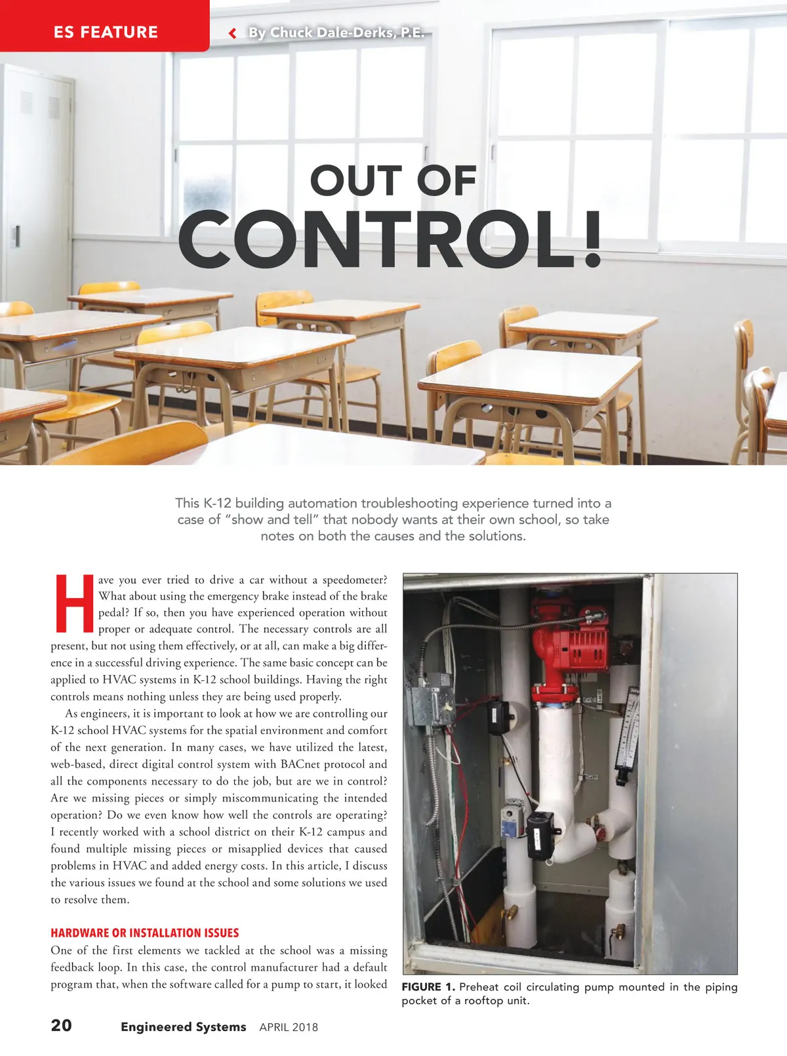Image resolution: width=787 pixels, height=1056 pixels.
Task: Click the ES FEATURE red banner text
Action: [x=106, y=32]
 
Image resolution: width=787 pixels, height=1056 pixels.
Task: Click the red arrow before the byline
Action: [x=232, y=33]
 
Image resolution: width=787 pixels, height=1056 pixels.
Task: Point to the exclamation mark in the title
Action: [x=592, y=239]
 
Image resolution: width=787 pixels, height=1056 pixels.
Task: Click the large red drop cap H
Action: [x=74, y=603]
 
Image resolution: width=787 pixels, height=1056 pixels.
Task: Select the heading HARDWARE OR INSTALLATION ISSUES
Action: [x=144, y=933]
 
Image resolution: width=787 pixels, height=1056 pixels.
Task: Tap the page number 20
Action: [x=62, y=1025]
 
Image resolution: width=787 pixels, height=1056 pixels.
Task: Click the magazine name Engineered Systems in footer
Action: [x=183, y=1026]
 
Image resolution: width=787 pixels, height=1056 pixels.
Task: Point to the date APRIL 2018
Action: [x=289, y=1027]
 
